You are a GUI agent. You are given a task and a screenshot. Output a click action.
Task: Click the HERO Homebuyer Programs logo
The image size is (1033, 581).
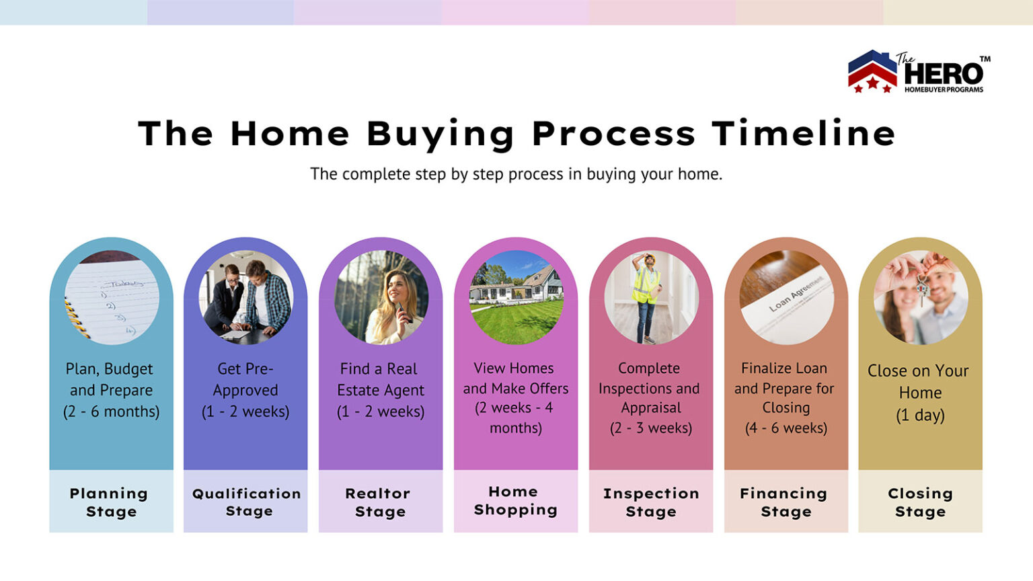click(x=919, y=72)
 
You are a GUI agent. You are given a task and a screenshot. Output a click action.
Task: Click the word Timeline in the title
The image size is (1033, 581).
click(x=804, y=133)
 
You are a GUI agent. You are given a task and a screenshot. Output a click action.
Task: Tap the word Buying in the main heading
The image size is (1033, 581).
click(x=441, y=133)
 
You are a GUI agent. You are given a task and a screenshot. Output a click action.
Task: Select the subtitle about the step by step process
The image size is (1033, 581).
click(x=516, y=174)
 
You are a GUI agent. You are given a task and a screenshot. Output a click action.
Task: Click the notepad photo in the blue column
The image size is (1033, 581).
click(x=112, y=297)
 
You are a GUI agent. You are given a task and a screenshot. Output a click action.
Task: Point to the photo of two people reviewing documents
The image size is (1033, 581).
click(x=245, y=297)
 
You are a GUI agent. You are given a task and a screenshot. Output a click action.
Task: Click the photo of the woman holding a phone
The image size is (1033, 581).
click(x=381, y=297)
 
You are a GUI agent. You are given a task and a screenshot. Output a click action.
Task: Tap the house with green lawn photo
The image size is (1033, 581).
click(x=516, y=297)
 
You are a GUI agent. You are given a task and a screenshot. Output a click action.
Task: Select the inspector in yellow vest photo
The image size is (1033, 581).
click(x=650, y=297)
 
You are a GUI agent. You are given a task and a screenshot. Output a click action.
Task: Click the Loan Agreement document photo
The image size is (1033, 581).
click(x=786, y=297)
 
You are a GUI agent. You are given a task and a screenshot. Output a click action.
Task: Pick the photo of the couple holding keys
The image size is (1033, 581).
click(x=920, y=297)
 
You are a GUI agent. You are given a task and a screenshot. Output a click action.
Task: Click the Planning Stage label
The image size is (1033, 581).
click(x=110, y=502)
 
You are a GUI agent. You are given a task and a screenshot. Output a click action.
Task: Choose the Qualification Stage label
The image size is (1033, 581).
click(x=247, y=502)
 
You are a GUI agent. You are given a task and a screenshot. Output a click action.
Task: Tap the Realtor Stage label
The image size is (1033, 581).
click(x=379, y=502)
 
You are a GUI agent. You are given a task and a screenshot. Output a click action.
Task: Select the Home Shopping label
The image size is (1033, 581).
click(x=515, y=501)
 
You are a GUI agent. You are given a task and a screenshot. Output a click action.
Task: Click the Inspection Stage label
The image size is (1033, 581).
click(x=651, y=502)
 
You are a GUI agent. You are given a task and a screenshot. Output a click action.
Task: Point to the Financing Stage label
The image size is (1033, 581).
click(x=784, y=502)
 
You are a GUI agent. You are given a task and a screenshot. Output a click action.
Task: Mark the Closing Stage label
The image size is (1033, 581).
click(x=920, y=502)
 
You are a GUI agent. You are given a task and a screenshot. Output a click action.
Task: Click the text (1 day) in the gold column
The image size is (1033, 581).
click(x=920, y=415)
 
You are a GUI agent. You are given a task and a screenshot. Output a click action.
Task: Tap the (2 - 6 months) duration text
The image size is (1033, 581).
click(x=112, y=412)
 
